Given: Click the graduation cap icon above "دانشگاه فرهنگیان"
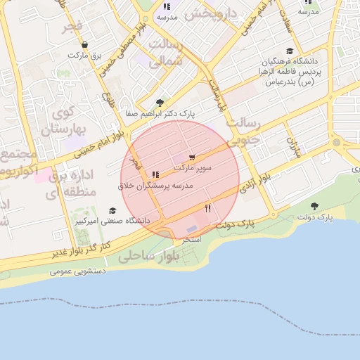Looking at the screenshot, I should tap(290, 51).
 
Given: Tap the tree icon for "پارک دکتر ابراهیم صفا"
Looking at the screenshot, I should tap(160, 103).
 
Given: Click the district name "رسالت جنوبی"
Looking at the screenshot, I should tap(246, 131).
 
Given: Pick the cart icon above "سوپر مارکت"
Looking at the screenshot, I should tap(193, 157).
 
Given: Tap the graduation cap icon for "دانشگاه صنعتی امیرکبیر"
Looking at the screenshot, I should tap(112, 211).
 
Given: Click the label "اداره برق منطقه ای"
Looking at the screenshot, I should tap(67, 184).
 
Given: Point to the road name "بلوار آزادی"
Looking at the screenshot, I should tap(255, 184).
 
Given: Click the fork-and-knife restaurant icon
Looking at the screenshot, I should tap(207, 208).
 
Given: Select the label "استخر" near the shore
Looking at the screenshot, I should tap(192, 240).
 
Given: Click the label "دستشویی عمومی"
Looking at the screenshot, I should tap(78, 271).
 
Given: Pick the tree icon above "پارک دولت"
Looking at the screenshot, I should tap(314, 206).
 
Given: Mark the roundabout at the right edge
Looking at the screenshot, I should tap(337, 143).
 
